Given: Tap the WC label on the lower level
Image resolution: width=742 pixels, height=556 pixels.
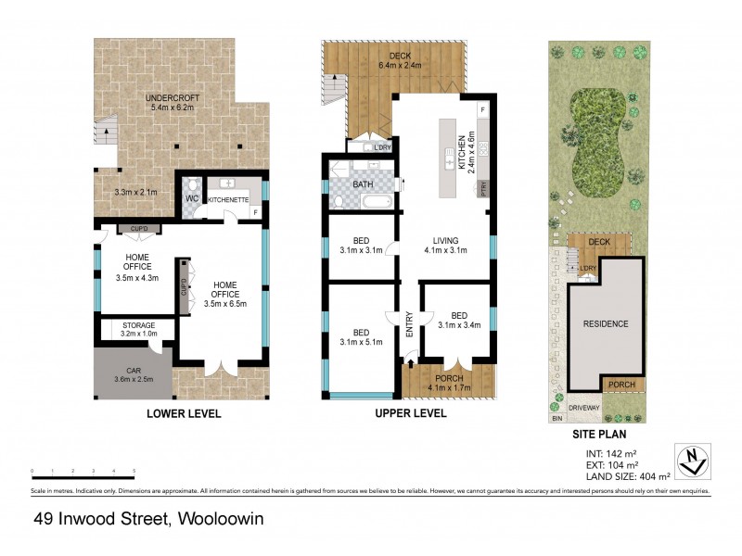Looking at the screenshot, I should (x=193, y=198).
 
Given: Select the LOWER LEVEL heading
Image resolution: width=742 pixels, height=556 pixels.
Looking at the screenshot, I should (x=184, y=414).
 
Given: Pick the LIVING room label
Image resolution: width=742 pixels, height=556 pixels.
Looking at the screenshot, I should (x=444, y=239).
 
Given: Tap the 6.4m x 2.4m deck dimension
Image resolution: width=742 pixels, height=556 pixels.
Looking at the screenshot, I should (x=400, y=66).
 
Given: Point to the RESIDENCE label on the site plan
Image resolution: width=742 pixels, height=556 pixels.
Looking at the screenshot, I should (x=606, y=324).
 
